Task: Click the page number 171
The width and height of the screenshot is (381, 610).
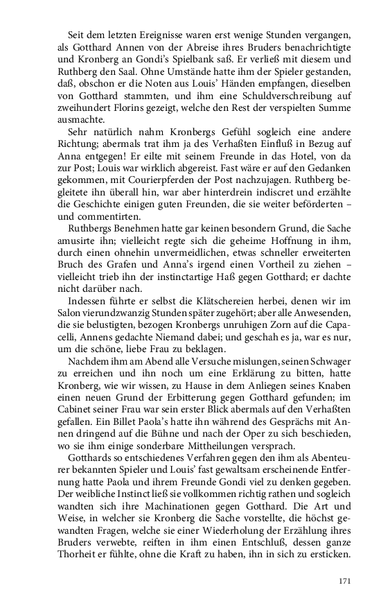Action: point(345,581)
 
